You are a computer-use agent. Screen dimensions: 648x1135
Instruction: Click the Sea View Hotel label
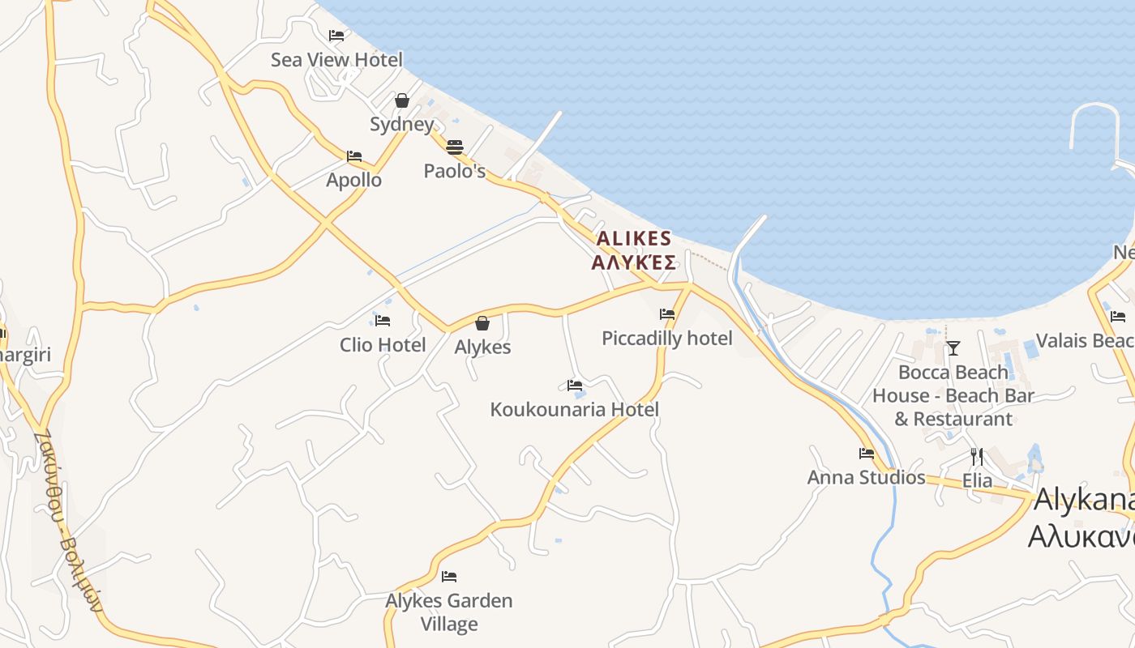(x=336, y=60)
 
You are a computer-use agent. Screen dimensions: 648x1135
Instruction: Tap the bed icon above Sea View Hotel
(x=336, y=35)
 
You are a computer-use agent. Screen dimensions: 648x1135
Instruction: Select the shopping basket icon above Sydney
(x=401, y=100)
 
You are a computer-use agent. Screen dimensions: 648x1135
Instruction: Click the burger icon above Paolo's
(x=454, y=147)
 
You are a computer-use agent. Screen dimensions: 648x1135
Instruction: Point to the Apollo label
(x=353, y=180)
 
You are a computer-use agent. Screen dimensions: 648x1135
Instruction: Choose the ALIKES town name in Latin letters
(x=634, y=239)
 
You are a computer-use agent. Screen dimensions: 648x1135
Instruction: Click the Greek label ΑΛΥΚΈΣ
(x=634, y=262)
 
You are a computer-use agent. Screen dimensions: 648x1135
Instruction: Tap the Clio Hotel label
(x=383, y=345)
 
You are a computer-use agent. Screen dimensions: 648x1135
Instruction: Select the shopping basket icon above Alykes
(x=482, y=323)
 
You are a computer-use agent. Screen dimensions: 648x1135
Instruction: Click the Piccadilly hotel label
(x=667, y=339)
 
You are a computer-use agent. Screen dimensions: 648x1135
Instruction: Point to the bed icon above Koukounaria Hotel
(x=575, y=386)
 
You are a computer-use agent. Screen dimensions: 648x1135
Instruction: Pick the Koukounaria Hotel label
(x=575, y=410)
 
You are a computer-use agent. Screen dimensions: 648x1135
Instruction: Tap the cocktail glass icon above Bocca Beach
(x=953, y=348)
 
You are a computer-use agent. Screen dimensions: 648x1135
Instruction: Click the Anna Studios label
(x=867, y=478)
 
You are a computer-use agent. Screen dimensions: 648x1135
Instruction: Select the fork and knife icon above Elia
(x=977, y=456)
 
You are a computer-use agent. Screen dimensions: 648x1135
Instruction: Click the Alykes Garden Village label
(x=449, y=612)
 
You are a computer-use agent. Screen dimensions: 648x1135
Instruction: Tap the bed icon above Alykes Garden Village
(x=449, y=577)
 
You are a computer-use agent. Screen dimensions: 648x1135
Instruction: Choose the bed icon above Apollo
(x=354, y=156)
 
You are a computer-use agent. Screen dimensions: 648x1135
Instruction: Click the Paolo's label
(x=455, y=172)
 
